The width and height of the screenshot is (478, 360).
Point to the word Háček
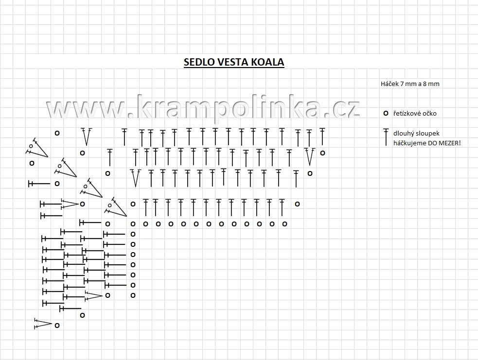[389, 84]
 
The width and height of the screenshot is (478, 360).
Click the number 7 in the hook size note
[402, 84]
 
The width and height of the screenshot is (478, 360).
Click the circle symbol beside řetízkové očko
[386, 113]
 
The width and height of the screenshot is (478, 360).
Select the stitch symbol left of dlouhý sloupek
[386, 137]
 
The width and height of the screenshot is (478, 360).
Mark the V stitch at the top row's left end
[87, 137]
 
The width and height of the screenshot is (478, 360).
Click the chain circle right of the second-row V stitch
[322, 153]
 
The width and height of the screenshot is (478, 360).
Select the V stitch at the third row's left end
[136, 178]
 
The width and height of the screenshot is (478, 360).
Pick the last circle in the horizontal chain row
[285, 224]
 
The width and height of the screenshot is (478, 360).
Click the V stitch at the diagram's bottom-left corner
[44, 324]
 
